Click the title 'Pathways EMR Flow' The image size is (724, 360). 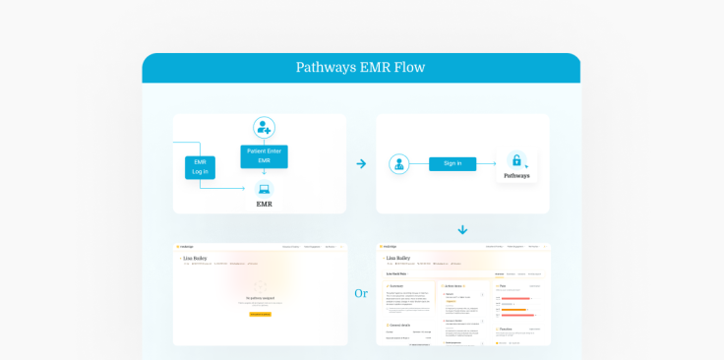pyautogui.click(x=361, y=68)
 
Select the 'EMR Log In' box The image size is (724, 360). pyautogui.click(x=200, y=166)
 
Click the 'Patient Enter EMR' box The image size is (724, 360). pyautogui.click(x=264, y=155)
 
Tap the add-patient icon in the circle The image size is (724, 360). pyautogui.click(x=264, y=127)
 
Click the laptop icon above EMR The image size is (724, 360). pyautogui.click(x=264, y=189)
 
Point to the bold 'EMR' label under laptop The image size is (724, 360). pyautogui.click(x=264, y=204)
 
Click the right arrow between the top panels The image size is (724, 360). pyautogui.click(x=361, y=163)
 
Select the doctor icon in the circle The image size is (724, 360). pyautogui.click(x=398, y=164)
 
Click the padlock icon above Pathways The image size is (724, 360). pyautogui.click(x=516, y=160)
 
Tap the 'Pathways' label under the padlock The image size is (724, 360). pyautogui.click(x=516, y=176)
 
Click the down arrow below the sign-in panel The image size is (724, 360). pyautogui.click(x=462, y=230)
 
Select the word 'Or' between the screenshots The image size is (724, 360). pyautogui.click(x=361, y=293)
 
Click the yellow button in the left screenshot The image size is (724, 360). pyautogui.click(x=260, y=314)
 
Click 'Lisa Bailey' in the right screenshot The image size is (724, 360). pyautogui.click(x=398, y=258)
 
